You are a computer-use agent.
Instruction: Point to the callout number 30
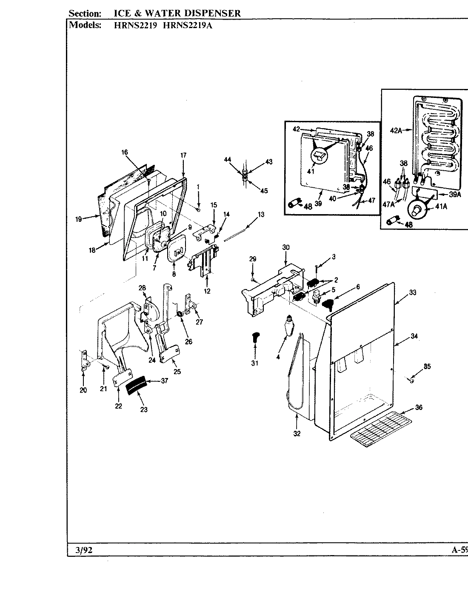tap(285, 247)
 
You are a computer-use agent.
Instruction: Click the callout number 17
tap(183, 155)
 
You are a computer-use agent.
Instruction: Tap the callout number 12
tap(207, 291)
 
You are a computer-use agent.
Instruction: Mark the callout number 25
tap(177, 372)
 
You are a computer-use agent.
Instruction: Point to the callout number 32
tap(297, 434)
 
